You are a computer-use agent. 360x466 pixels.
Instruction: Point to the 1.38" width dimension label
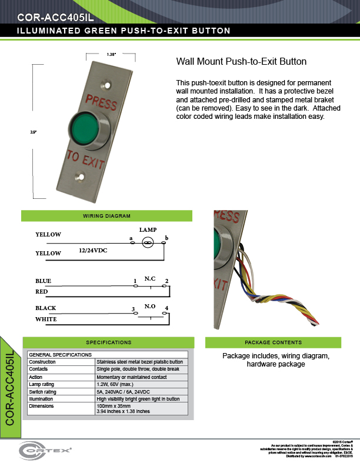(111, 54)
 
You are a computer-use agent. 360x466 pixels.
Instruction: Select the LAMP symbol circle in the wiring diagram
(148, 242)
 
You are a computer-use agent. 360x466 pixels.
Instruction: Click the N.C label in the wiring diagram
(150, 277)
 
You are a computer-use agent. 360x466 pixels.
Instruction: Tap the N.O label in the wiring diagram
(150, 306)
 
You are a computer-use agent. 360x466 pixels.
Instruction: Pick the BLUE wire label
(44, 281)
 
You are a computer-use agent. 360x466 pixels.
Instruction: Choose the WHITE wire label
(46, 319)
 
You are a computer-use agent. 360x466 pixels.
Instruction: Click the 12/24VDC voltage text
(94, 250)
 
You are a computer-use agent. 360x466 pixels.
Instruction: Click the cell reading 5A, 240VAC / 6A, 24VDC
(125, 391)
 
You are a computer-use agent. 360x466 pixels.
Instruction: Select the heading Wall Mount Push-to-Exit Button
(241, 61)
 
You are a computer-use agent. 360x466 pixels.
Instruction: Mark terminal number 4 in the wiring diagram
(166, 308)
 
